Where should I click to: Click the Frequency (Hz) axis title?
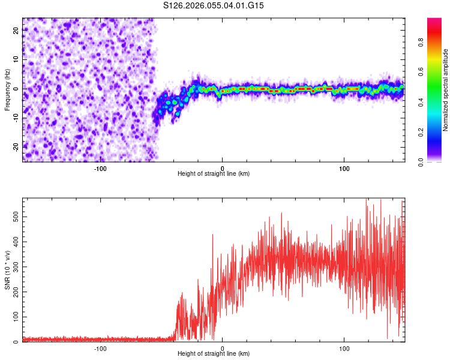pos(7,89)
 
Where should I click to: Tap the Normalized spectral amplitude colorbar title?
pos(446,90)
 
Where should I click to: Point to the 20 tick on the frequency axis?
pos(16,31)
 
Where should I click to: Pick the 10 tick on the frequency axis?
pos(16,59)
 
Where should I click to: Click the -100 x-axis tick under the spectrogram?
pos(100,167)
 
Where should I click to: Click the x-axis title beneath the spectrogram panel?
pos(214,174)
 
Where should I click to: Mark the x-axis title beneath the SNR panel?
pos(214,354)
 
